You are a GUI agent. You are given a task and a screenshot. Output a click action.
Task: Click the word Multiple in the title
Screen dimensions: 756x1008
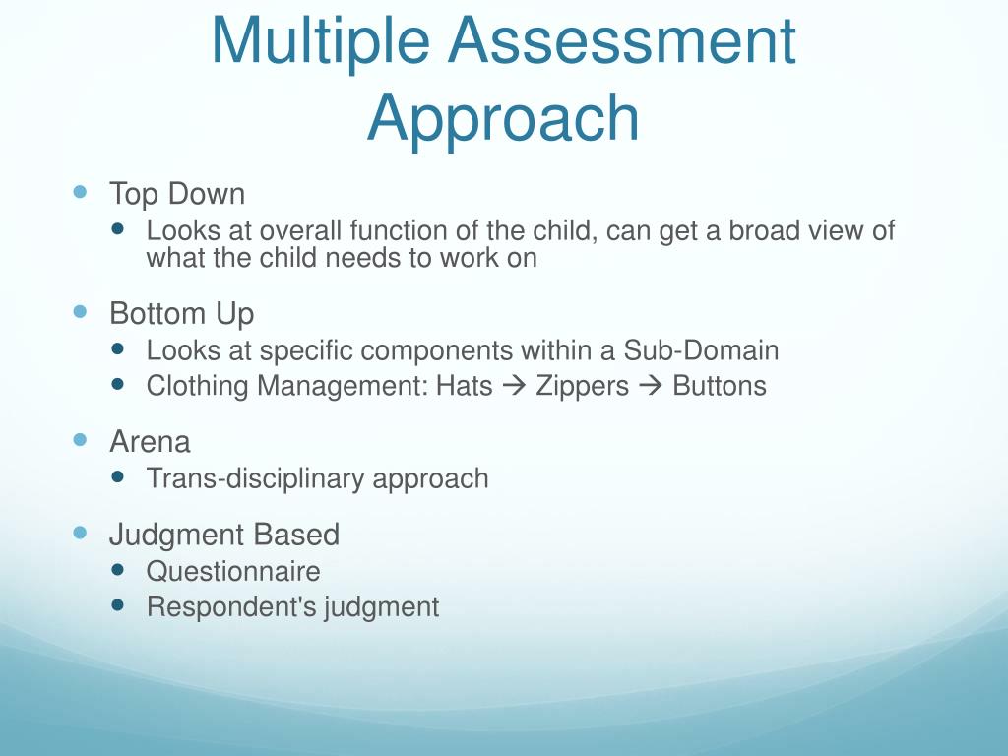point(320,41)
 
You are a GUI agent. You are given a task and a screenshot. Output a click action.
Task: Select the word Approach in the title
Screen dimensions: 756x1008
point(503,117)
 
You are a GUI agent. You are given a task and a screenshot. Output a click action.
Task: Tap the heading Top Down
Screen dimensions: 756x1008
point(177,194)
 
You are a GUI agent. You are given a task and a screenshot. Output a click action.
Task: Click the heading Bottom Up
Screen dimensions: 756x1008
point(181,314)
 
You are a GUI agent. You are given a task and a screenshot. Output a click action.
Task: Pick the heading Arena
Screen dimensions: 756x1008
point(150,441)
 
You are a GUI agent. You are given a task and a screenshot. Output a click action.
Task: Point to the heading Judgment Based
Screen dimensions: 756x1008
point(224,535)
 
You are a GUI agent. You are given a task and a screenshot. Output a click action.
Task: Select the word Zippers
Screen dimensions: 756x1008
point(582,386)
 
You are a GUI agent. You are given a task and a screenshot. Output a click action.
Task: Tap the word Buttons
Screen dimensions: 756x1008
point(719,386)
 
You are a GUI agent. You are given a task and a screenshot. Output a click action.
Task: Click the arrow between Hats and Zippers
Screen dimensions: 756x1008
point(514,386)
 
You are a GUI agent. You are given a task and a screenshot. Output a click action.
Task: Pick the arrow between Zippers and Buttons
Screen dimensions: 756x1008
point(651,386)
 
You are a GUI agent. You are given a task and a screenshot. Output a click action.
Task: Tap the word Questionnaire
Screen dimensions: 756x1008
point(233,571)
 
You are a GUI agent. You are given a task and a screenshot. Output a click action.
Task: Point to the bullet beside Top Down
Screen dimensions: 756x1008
point(81,191)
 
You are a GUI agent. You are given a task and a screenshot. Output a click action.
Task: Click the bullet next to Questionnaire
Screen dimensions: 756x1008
point(119,569)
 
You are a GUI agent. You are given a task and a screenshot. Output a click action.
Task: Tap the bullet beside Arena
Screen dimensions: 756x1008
point(81,439)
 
